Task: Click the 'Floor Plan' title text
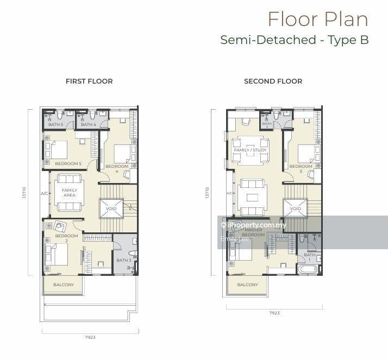pos(318,19)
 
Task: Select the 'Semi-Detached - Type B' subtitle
pos(295,40)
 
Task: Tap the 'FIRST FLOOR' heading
pos(89,81)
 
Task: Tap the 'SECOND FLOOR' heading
pos(273,81)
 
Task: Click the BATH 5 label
pos(55,125)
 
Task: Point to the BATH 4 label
pos(89,125)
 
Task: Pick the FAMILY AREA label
pos(70,192)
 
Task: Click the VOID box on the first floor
pos(111,209)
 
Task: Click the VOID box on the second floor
pos(295,209)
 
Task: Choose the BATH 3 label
pos(123,260)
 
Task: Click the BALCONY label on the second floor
pos(247,285)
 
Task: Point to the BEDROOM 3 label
pos(301,168)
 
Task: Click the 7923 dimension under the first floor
pos(90,337)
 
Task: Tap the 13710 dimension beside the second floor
pos(206,193)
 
